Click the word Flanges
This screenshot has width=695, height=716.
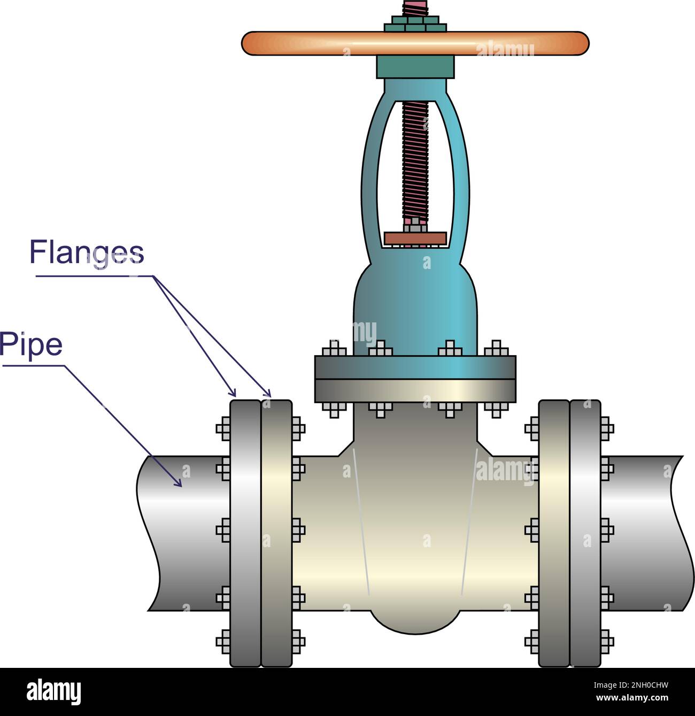coord(87,252)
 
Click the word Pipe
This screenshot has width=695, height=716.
coord(31,345)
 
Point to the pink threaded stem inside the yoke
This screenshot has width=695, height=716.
coord(415,160)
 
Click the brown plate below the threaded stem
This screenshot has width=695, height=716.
coord(415,238)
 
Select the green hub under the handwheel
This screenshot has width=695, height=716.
coord(415,67)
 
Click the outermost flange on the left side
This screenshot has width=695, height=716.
coord(245,532)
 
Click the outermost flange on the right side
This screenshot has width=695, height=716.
coord(585,532)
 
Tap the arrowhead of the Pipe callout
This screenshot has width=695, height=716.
coord(179,483)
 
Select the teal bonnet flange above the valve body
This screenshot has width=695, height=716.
coord(415,367)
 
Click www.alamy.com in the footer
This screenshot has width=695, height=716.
coord(633,698)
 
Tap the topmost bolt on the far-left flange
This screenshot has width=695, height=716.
coord(223,429)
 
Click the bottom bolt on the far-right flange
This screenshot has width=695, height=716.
coord(606,640)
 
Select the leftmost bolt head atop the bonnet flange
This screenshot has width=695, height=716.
coord(334,349)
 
